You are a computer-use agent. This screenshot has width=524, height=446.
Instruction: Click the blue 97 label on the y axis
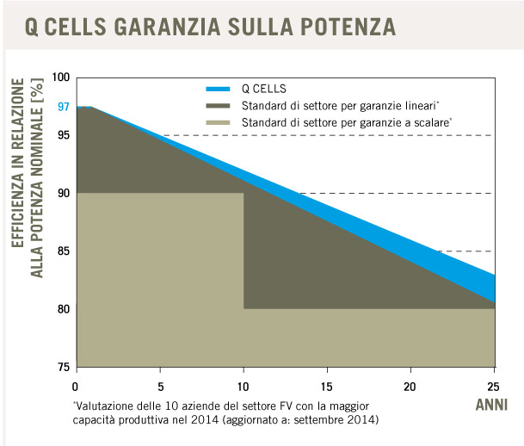coord(63,107)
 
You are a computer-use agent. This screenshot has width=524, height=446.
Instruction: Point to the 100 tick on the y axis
coord(60,77)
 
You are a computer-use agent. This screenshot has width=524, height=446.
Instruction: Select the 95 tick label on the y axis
coord(63,135)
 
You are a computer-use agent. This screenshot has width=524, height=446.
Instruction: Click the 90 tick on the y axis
coord(63,193)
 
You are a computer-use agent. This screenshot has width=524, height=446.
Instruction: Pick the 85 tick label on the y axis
coord(63,251)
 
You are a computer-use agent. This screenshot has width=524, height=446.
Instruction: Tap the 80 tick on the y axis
coord(63,308)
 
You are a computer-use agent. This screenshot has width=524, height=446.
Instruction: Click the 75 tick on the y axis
coord(63,367)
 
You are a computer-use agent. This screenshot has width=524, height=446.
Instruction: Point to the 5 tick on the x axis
coord(160,385)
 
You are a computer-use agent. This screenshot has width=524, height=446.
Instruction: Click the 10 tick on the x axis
coord(244,385)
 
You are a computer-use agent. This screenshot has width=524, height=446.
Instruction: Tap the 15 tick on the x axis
coord(327,385)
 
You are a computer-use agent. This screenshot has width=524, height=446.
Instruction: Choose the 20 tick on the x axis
coord(410,385)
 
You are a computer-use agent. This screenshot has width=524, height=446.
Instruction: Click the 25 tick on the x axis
coord(493,385)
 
